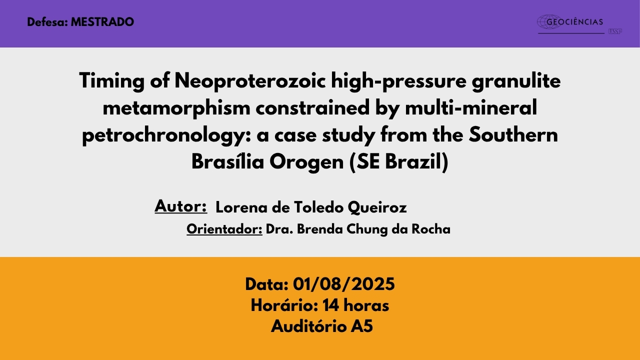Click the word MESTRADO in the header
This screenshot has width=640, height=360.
tap(102, 22)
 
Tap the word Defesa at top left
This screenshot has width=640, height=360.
tap(46, 22)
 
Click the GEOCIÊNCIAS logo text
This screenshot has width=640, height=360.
tap(574, 22)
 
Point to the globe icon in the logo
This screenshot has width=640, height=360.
tap(549, 22)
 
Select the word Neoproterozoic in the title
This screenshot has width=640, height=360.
tap(250, 81)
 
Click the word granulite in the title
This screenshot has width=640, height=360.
tap(516, 81)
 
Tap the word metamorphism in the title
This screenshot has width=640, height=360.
tap(176, 108)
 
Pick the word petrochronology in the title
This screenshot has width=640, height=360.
tap(166, 135)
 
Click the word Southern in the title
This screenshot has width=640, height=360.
tap(513, 134)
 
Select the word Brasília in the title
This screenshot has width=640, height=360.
tap(227, 162)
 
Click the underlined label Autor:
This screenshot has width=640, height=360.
tap(180, 206)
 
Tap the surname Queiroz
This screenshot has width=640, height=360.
tap(377, 207)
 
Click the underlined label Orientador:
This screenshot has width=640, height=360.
tap(224, 229)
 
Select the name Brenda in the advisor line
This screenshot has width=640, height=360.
tap(319, 229)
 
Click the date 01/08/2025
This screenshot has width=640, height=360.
tap(343, 284)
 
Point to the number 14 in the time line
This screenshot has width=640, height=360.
tap(331, 305)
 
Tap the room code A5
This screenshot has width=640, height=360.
tap(361, 326)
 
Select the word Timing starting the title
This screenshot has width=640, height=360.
tap(111, 81)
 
